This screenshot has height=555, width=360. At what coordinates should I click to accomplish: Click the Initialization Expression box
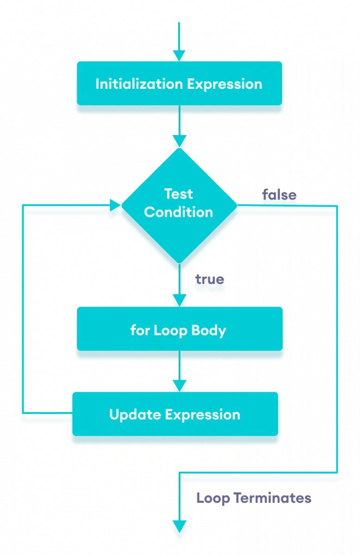[x=179, y=84]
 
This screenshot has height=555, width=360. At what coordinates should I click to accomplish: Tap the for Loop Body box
[x=179, y=330]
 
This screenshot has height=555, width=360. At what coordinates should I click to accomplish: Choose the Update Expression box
[x=175, y=414]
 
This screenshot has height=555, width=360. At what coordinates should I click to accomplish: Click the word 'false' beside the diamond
[x=279, y=196]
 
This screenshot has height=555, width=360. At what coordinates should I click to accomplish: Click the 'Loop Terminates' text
[x=254, y=498]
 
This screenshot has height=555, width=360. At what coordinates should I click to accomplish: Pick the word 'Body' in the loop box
[x=210, y=330]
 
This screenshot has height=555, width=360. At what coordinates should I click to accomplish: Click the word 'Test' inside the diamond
[x=179, y=193]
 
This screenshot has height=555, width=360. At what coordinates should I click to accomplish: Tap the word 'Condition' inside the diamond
[x=179, y=212]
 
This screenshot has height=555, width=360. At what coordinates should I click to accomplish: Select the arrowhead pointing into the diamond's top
[x=179, y=141]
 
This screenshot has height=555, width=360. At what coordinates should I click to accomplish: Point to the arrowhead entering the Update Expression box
[x=179, y=385]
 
